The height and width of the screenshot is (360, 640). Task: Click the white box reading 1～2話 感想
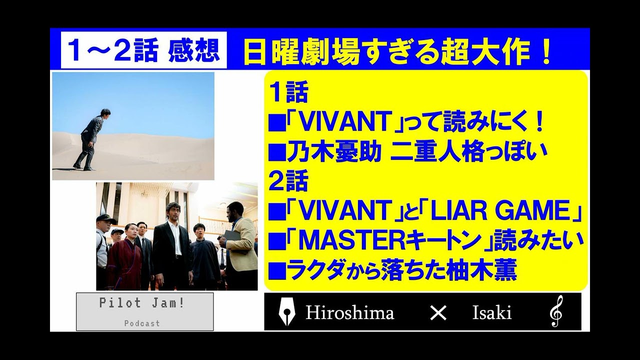tap(144, 50)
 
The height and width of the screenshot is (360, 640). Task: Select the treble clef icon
tap(556, 312)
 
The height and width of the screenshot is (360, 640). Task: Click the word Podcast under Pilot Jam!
tap(142, 323)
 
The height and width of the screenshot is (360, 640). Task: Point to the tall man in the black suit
tap(172, 247)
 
